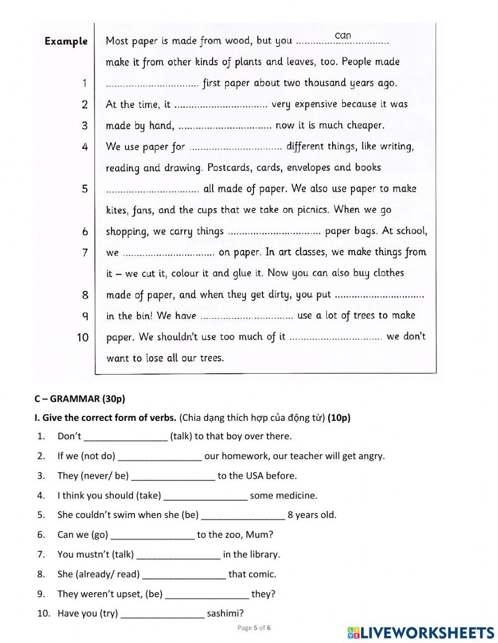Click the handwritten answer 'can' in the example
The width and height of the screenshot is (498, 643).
[x=343, y=35]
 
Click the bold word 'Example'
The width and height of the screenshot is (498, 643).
[x=66, y=41]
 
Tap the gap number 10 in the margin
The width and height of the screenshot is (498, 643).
[x=83, y=338]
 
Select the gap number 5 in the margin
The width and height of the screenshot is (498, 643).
[x=85, y=189]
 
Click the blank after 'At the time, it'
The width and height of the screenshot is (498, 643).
[x=222, y=105]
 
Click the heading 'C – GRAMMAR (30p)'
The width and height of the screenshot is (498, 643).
[x=80, y=398]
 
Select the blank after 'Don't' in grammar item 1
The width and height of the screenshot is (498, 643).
[x=125, y=437]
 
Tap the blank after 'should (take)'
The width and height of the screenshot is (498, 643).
[x=205, y=496]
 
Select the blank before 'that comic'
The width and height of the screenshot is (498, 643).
[x=184, y=575]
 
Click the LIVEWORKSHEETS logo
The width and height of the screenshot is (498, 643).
[x=421, y=633]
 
